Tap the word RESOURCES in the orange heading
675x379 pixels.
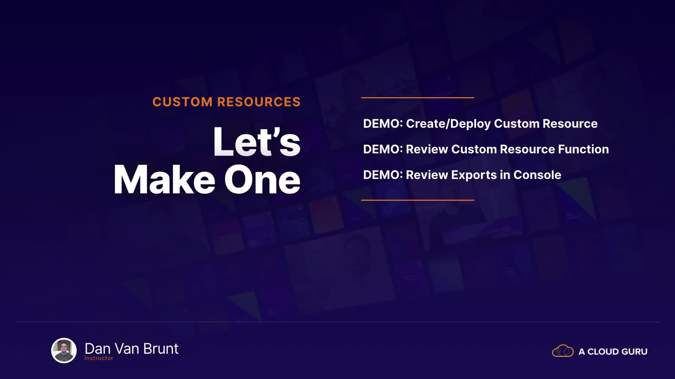click(259, 102)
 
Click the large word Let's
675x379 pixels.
click(257, 142)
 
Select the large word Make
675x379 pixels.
click(164, 180)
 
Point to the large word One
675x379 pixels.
click(262, 180)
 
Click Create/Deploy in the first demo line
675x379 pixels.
click(448, 124)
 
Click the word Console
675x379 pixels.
click(537, 175)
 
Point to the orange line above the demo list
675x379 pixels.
click(418, 98)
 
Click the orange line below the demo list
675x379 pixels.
click(418, 200)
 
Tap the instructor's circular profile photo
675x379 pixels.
click(64, 350)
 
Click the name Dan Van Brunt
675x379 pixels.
click(131, 348)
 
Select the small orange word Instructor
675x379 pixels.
click(99, 358)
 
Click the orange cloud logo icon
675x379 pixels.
click(563, 351)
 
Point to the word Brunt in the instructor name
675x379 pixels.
click(161, 348)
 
